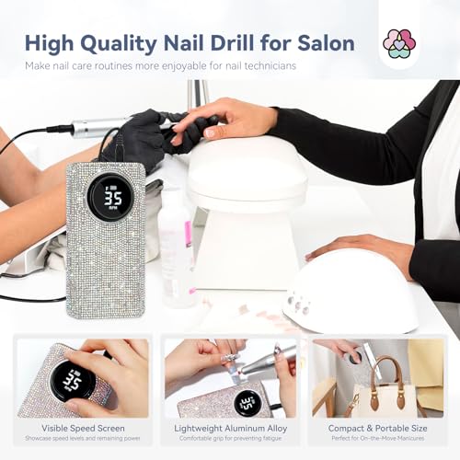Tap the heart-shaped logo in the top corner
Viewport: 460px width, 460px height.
point(398,44)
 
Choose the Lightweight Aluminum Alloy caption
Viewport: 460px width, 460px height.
point(229,428)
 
